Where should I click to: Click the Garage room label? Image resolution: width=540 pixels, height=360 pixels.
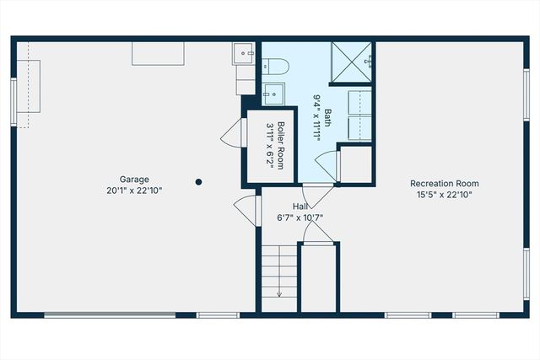point(134,179)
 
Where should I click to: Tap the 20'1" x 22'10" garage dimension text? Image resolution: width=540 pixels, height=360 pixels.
point(134,191)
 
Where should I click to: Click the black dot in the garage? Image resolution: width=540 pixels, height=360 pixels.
point(199,181)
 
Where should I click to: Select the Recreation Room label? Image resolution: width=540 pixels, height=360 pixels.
point(444,183)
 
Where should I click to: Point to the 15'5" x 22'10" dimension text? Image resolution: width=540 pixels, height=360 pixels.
point(444,195)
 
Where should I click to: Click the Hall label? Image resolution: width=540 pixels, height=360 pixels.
point(300,206)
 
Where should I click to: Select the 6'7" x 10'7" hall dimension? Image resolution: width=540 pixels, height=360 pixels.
point(300,218)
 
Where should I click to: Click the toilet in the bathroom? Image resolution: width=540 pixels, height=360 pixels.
point(277,66)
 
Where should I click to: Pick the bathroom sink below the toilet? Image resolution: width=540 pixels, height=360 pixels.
point(273,92)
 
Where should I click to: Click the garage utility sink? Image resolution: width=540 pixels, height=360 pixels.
point(245,54)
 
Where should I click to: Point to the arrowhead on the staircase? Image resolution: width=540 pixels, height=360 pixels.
point(279,294)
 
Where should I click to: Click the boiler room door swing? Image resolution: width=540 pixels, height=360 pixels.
point(231,133)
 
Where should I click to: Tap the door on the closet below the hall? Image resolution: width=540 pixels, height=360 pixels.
point(319,234)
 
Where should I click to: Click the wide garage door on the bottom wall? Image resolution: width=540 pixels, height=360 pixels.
point(110,315)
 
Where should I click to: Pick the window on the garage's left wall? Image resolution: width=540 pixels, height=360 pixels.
point(13,101)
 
